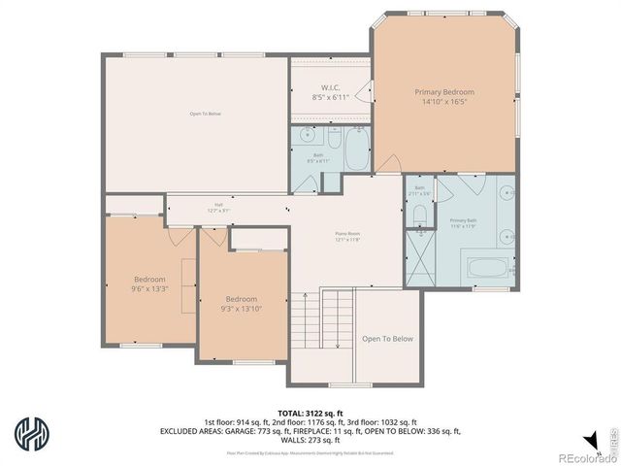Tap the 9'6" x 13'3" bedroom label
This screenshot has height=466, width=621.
tap(150, 283)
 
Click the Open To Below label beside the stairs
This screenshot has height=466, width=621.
tap(387, 339)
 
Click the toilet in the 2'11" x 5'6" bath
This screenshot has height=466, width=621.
tap(418, 215)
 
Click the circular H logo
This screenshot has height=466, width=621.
tap(31, 433)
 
